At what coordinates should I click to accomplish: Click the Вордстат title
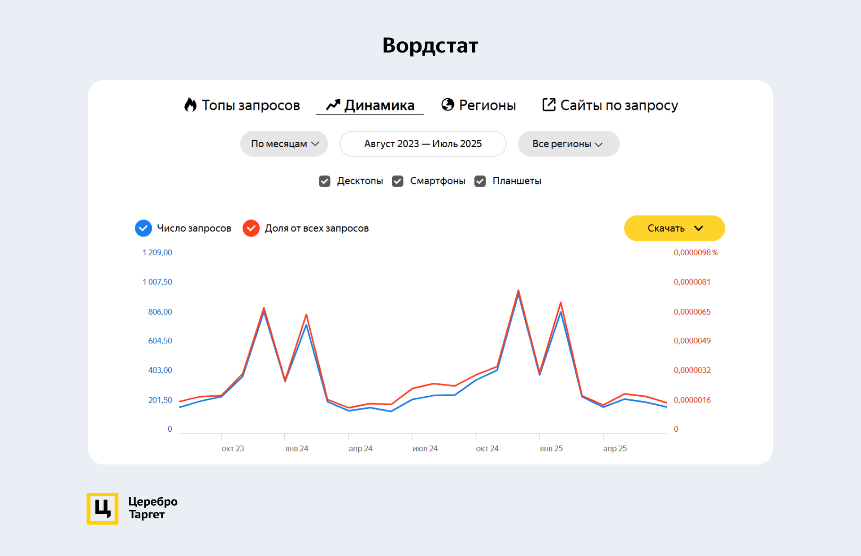point(430,45)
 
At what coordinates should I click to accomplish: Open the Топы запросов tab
point(242,105)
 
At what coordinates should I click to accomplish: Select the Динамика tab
point(370,105)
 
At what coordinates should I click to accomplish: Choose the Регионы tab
point(478,105)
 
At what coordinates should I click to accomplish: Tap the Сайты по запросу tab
point(610,105)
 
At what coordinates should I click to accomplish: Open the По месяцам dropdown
point(284,144)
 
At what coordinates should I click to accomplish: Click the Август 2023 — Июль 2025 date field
point(422,144)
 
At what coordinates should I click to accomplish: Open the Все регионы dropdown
point(568,144)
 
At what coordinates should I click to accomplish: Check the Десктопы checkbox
point(325,181)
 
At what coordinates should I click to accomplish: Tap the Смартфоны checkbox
point(397,181)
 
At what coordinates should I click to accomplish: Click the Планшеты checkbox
point(480,181)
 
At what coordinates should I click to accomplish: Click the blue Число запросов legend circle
point(143,228)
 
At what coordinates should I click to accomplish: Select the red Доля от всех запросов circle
point(251,228)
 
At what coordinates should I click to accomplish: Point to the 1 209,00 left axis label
point(157,253)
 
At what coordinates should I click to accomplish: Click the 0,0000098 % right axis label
point(695,253)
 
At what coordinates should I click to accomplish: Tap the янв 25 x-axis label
point(551,448)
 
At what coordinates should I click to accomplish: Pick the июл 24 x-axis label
point(425,448)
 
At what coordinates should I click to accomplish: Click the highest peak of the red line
point(518,291)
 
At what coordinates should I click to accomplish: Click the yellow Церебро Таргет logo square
point(102,508)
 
